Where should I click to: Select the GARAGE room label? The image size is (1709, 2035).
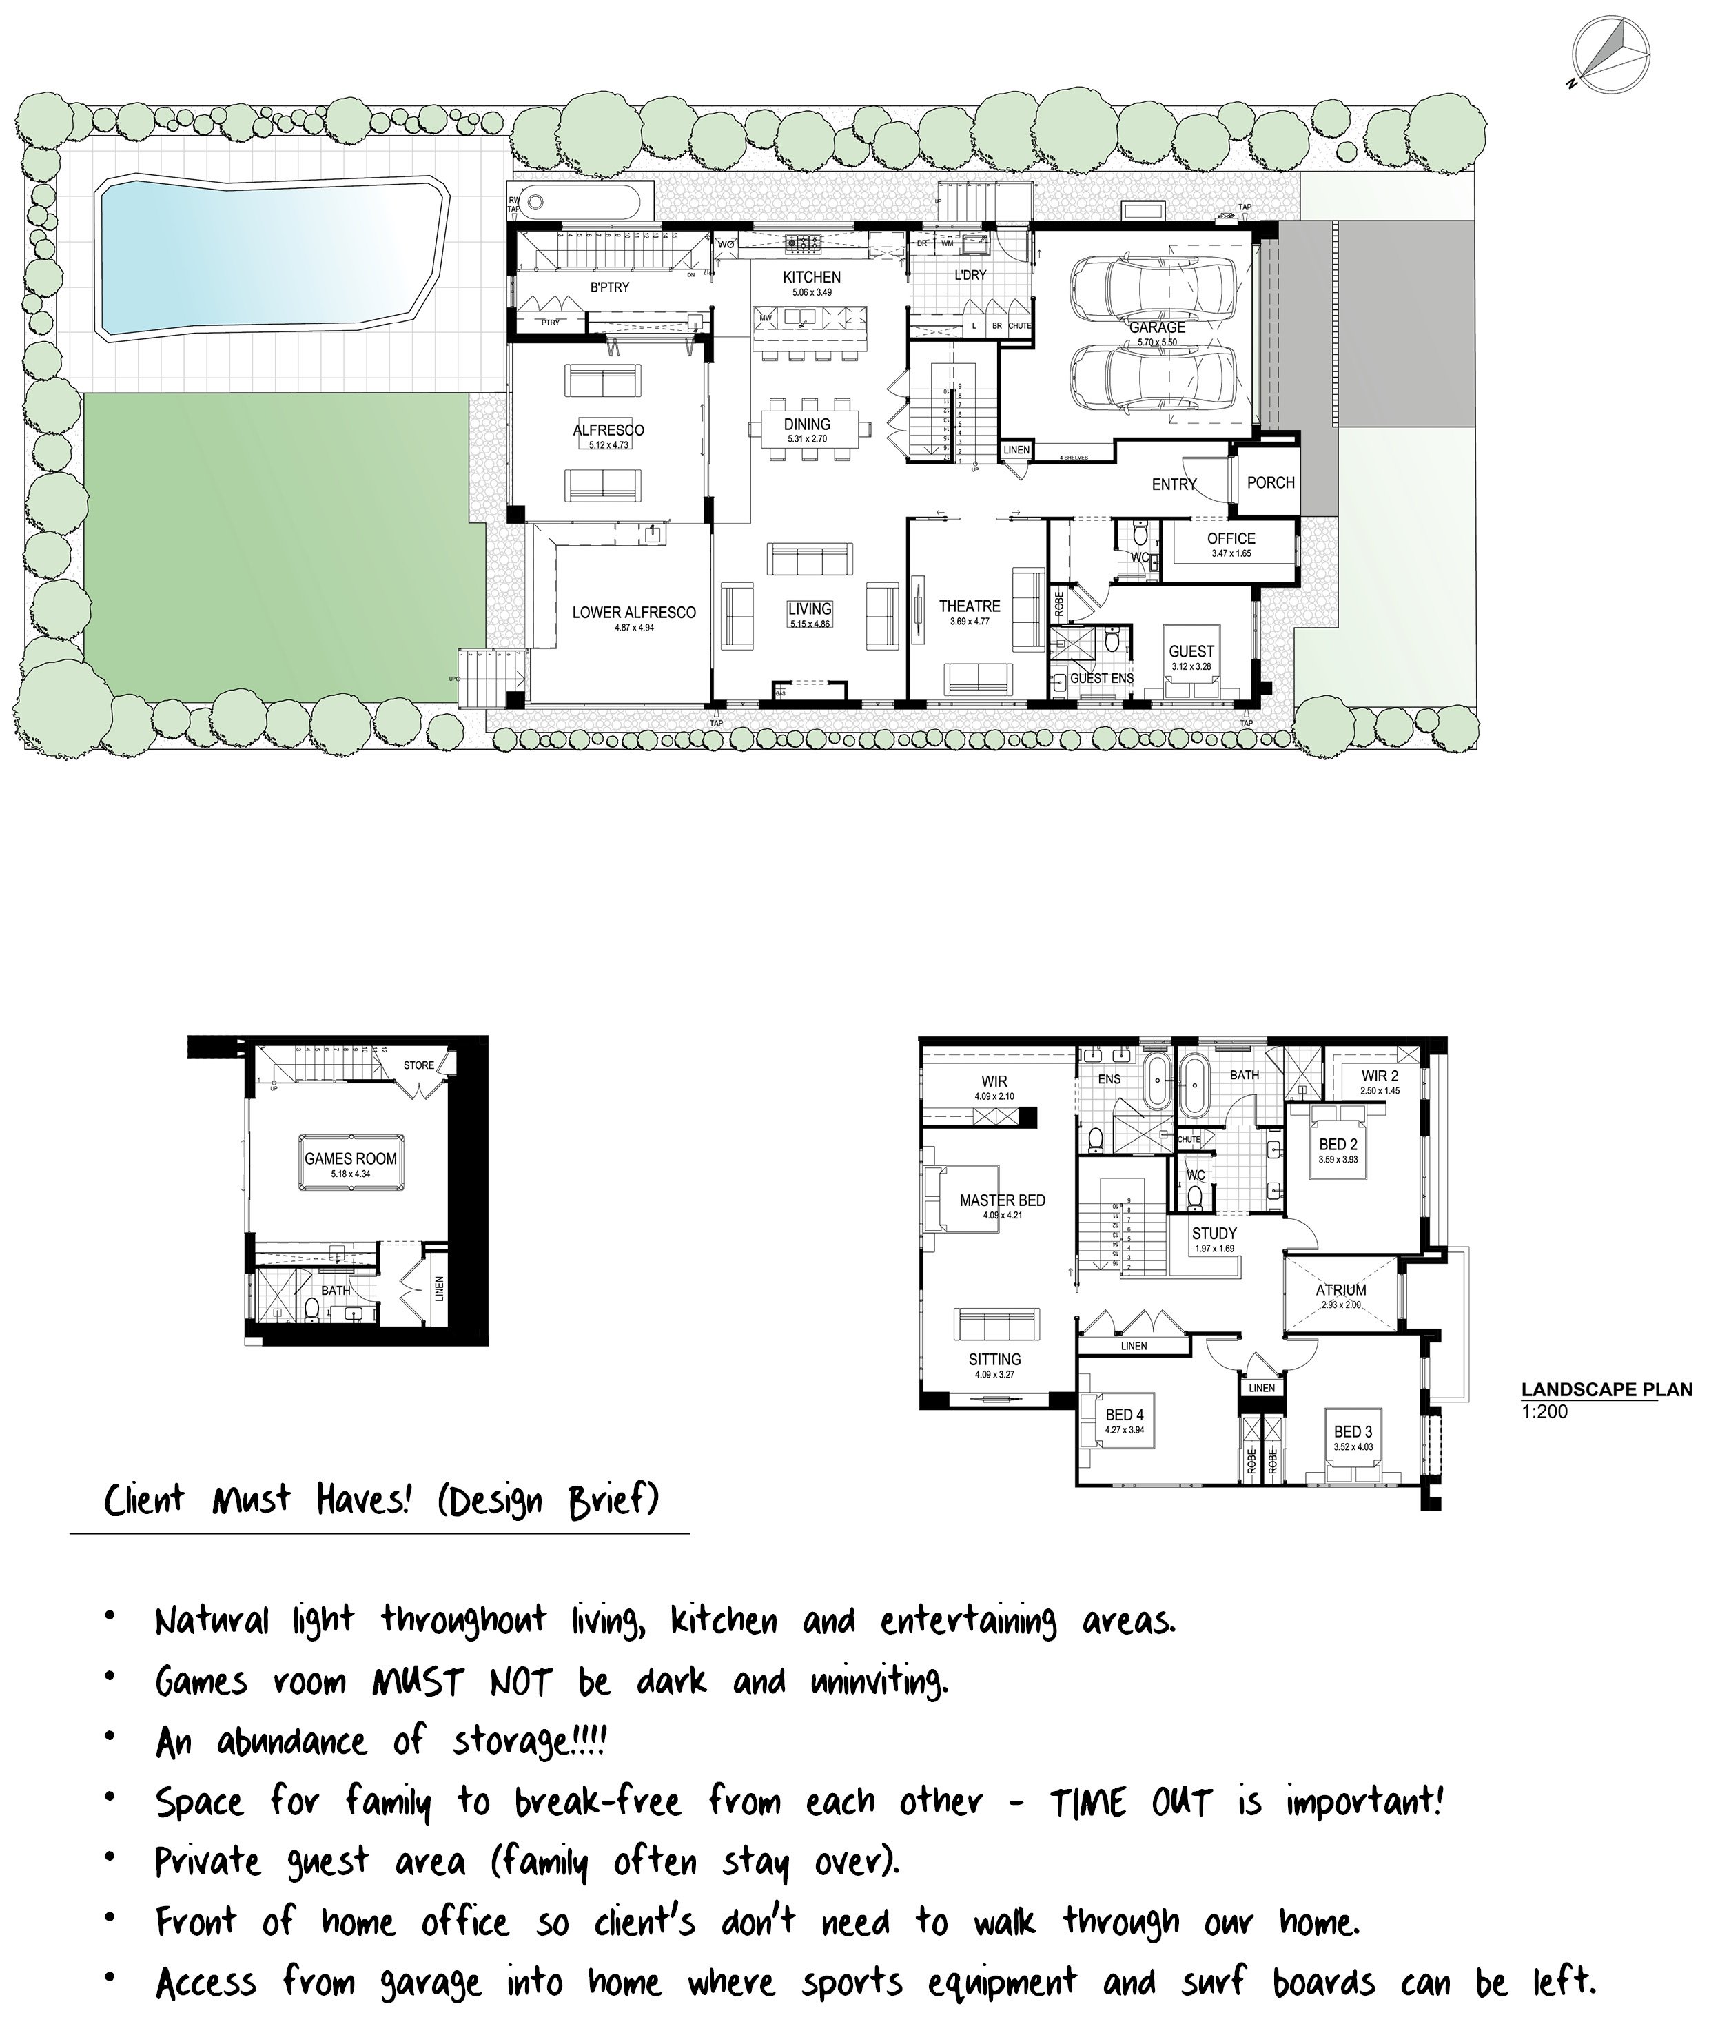pyautogui.click(x=1157, y=327)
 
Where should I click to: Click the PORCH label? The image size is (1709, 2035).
pyautogui.click(x=1270, y=482)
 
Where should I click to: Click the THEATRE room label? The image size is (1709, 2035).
pyautogui.click(x=969, y=606)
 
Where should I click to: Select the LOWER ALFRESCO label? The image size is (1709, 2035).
pyautogui.click(x=633, y=613)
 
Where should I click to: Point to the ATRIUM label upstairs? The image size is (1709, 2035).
pyautogui.click(x=1341, y=1290)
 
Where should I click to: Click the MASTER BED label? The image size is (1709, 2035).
pyautogui.click(x=1002, y=1200)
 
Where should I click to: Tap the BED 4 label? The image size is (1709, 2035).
pyautogui.click(x=1124, y=1415)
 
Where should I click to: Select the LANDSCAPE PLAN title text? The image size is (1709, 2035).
pyautogui.click(x=1606, y=1389)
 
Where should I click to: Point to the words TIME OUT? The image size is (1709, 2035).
pyautogui.click(x=1132, y=1803)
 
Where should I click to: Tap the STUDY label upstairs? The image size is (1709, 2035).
pyautogui.click(x=1214, y=1234)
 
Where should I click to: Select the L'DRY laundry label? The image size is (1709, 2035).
pyautogui.click(x=970, y=275)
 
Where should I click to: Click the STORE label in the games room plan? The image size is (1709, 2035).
pyautogui.click(x=418, y=1065)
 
